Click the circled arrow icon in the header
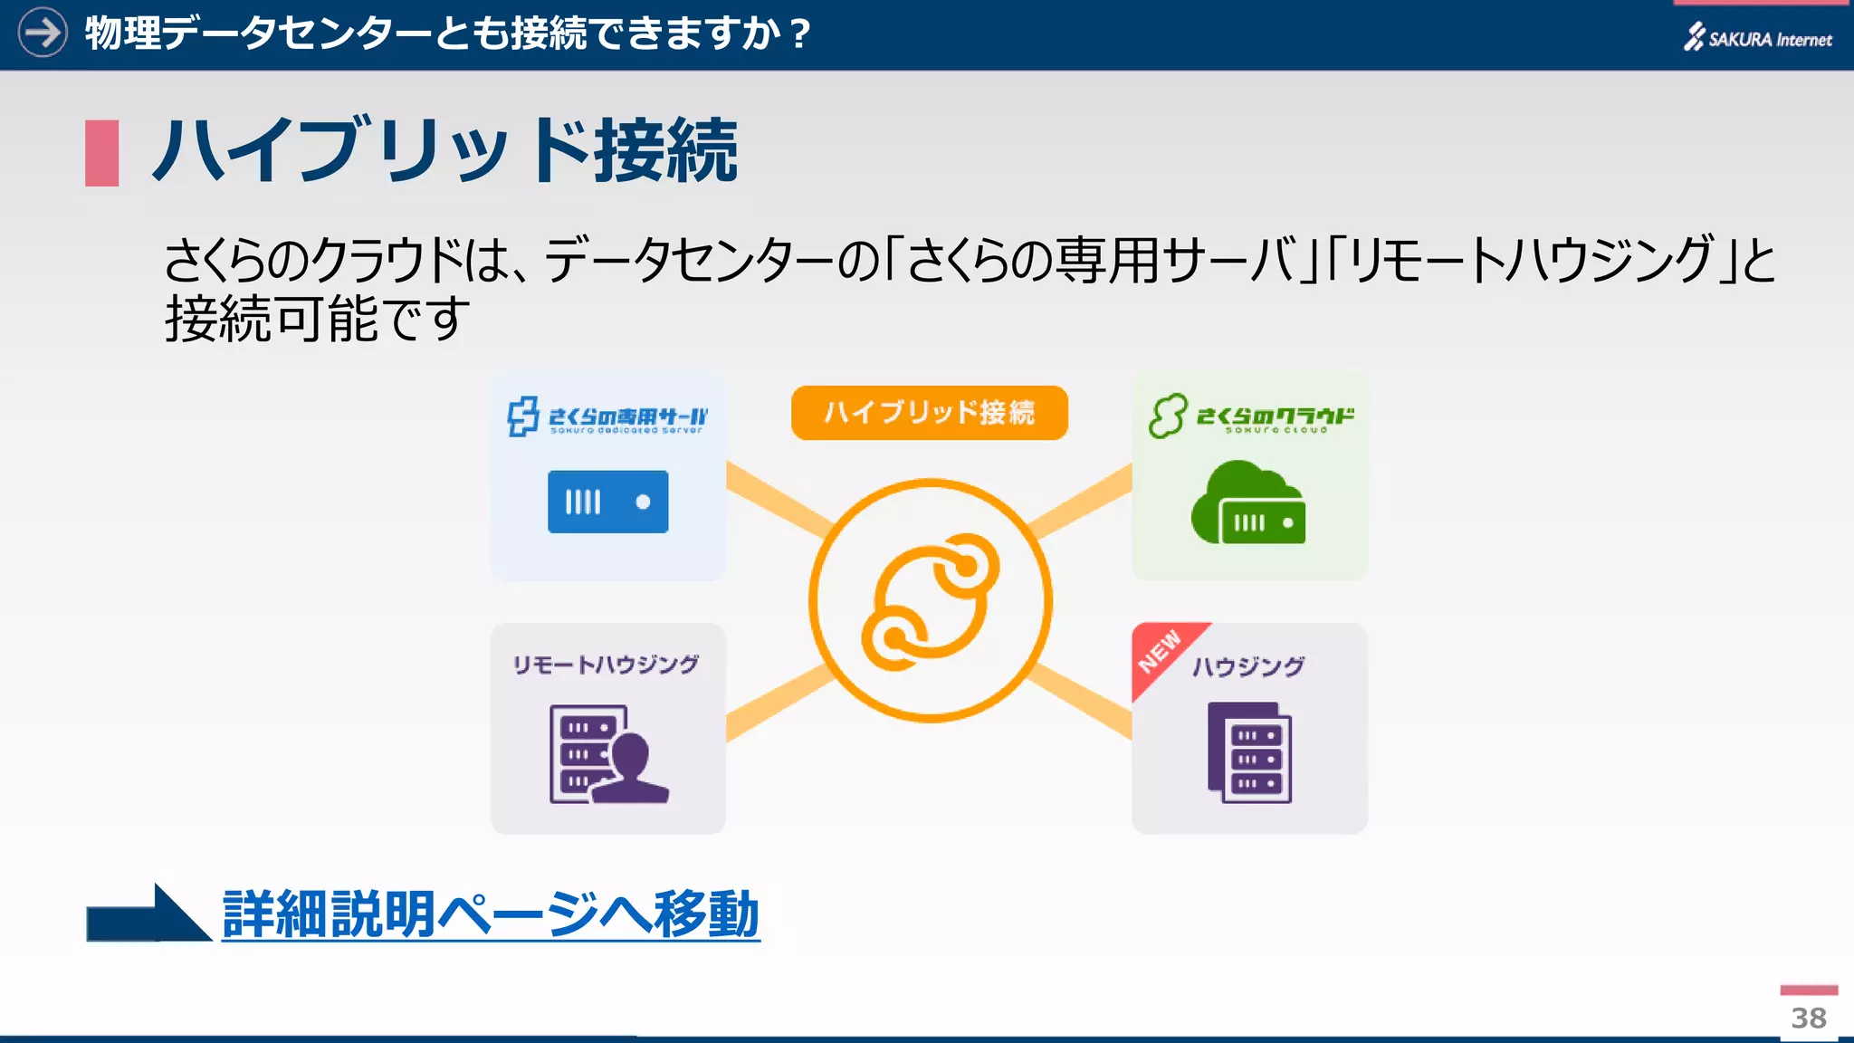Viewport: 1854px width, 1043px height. point(43,33)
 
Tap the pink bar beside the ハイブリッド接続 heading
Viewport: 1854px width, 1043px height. point(102,153)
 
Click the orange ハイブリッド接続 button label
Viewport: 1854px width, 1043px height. point(929,413)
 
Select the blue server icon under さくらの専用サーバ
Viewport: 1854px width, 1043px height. point(607,502)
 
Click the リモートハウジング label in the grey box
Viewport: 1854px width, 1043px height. point(606,665)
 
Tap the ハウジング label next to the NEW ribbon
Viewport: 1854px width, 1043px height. point(1248,666)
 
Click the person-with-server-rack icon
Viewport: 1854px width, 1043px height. point(607,754)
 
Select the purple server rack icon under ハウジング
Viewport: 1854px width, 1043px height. point(1249,752)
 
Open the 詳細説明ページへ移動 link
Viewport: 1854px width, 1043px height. point(490,914)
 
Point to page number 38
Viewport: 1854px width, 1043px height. point(1808,1018)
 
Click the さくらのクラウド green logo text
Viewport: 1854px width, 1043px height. point(1275,416)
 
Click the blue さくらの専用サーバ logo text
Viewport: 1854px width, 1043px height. point(627,417)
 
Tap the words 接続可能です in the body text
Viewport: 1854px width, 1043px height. point(317,319)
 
